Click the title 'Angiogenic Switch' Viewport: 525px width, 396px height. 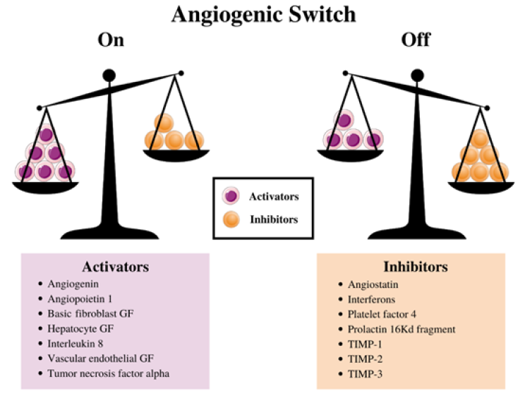(x=262, y=15)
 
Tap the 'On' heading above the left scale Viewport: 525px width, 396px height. (x=111, y=40)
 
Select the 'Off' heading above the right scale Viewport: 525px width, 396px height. (x=417, y=40)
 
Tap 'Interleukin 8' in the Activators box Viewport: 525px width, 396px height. (x=75, y=343)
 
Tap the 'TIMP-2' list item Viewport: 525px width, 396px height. (x=363, y=358)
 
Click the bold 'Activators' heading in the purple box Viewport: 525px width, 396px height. (x=116, y=268)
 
